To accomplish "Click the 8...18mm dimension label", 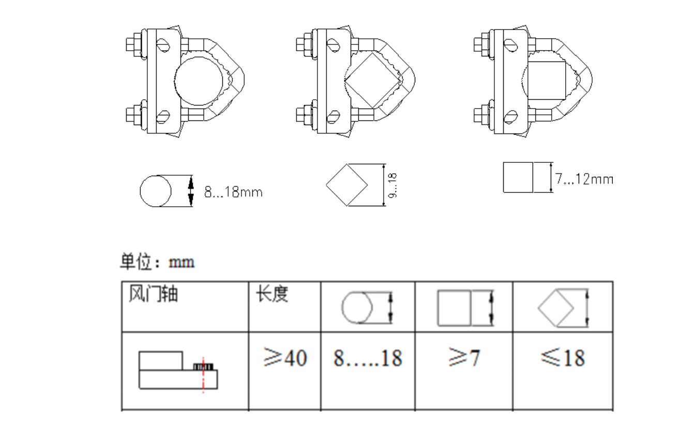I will [233, 192].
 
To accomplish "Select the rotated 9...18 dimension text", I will [392, 185].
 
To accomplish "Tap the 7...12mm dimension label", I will [584, 179].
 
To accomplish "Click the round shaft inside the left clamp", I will [202, 79].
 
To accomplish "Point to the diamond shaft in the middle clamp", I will [373, 82].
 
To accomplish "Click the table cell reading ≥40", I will [284, 358].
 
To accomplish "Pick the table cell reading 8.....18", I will [368, 358].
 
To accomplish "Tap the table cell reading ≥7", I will [464, 358].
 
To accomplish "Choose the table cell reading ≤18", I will [563, 358].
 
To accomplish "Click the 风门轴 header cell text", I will [153, 294].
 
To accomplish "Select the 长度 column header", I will [272, 294].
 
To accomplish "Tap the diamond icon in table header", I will [556, 308].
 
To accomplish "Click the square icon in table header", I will [454, 308].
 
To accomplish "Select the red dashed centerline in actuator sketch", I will [203, 374].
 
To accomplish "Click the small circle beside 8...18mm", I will [156, 191].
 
